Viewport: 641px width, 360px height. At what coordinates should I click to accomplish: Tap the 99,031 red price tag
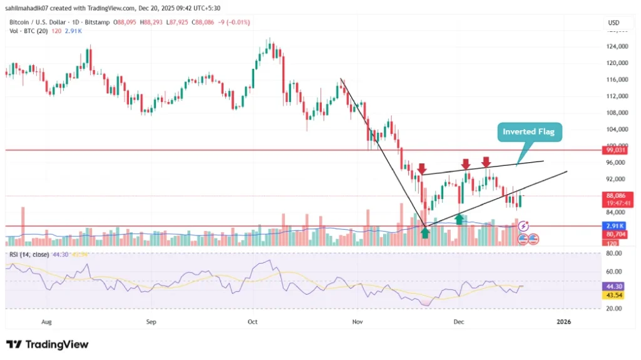pyautogui.click(x=613, y=150)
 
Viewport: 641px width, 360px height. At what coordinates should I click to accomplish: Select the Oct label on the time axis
pyautogui.click(x=253, y=322)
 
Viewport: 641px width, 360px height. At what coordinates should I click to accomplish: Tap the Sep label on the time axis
pyautogui.click(x=150, y=322)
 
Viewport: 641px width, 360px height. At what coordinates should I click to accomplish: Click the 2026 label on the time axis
pyautogui.click(x=564, y=322)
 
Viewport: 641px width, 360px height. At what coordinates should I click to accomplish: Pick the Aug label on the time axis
pyautogui.click(x=46, y=322)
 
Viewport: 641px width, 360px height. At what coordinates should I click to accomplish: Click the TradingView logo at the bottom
pyautogui.click(x=48, y=344)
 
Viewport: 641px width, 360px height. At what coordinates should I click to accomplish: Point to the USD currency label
pyautogui.click(x=613, y=23)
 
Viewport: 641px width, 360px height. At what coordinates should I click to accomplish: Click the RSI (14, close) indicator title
pyautogui.click(x=29, y=255)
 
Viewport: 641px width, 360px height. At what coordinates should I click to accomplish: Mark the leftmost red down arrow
pyautogui.click(x=422, y=169)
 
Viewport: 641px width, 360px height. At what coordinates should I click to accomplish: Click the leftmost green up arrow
pyautogui.click(x=426, y=232)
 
